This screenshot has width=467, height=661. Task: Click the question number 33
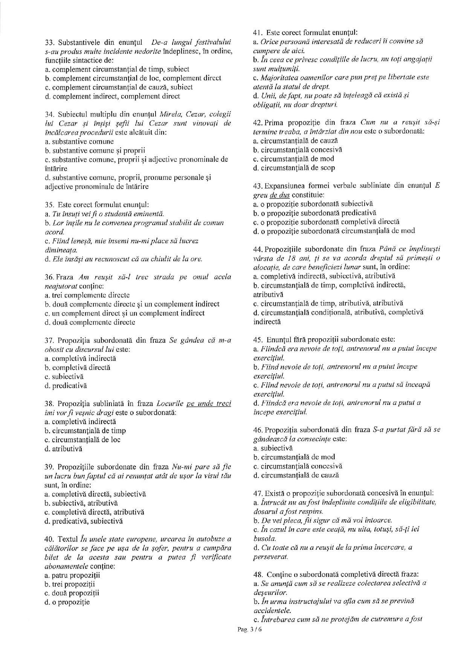tap(49, 42)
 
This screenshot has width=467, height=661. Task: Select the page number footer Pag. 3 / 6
tap(249, 629)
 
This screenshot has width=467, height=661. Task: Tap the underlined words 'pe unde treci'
tap(209, 403)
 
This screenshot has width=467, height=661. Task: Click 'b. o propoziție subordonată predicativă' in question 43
tap(314, 213)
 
